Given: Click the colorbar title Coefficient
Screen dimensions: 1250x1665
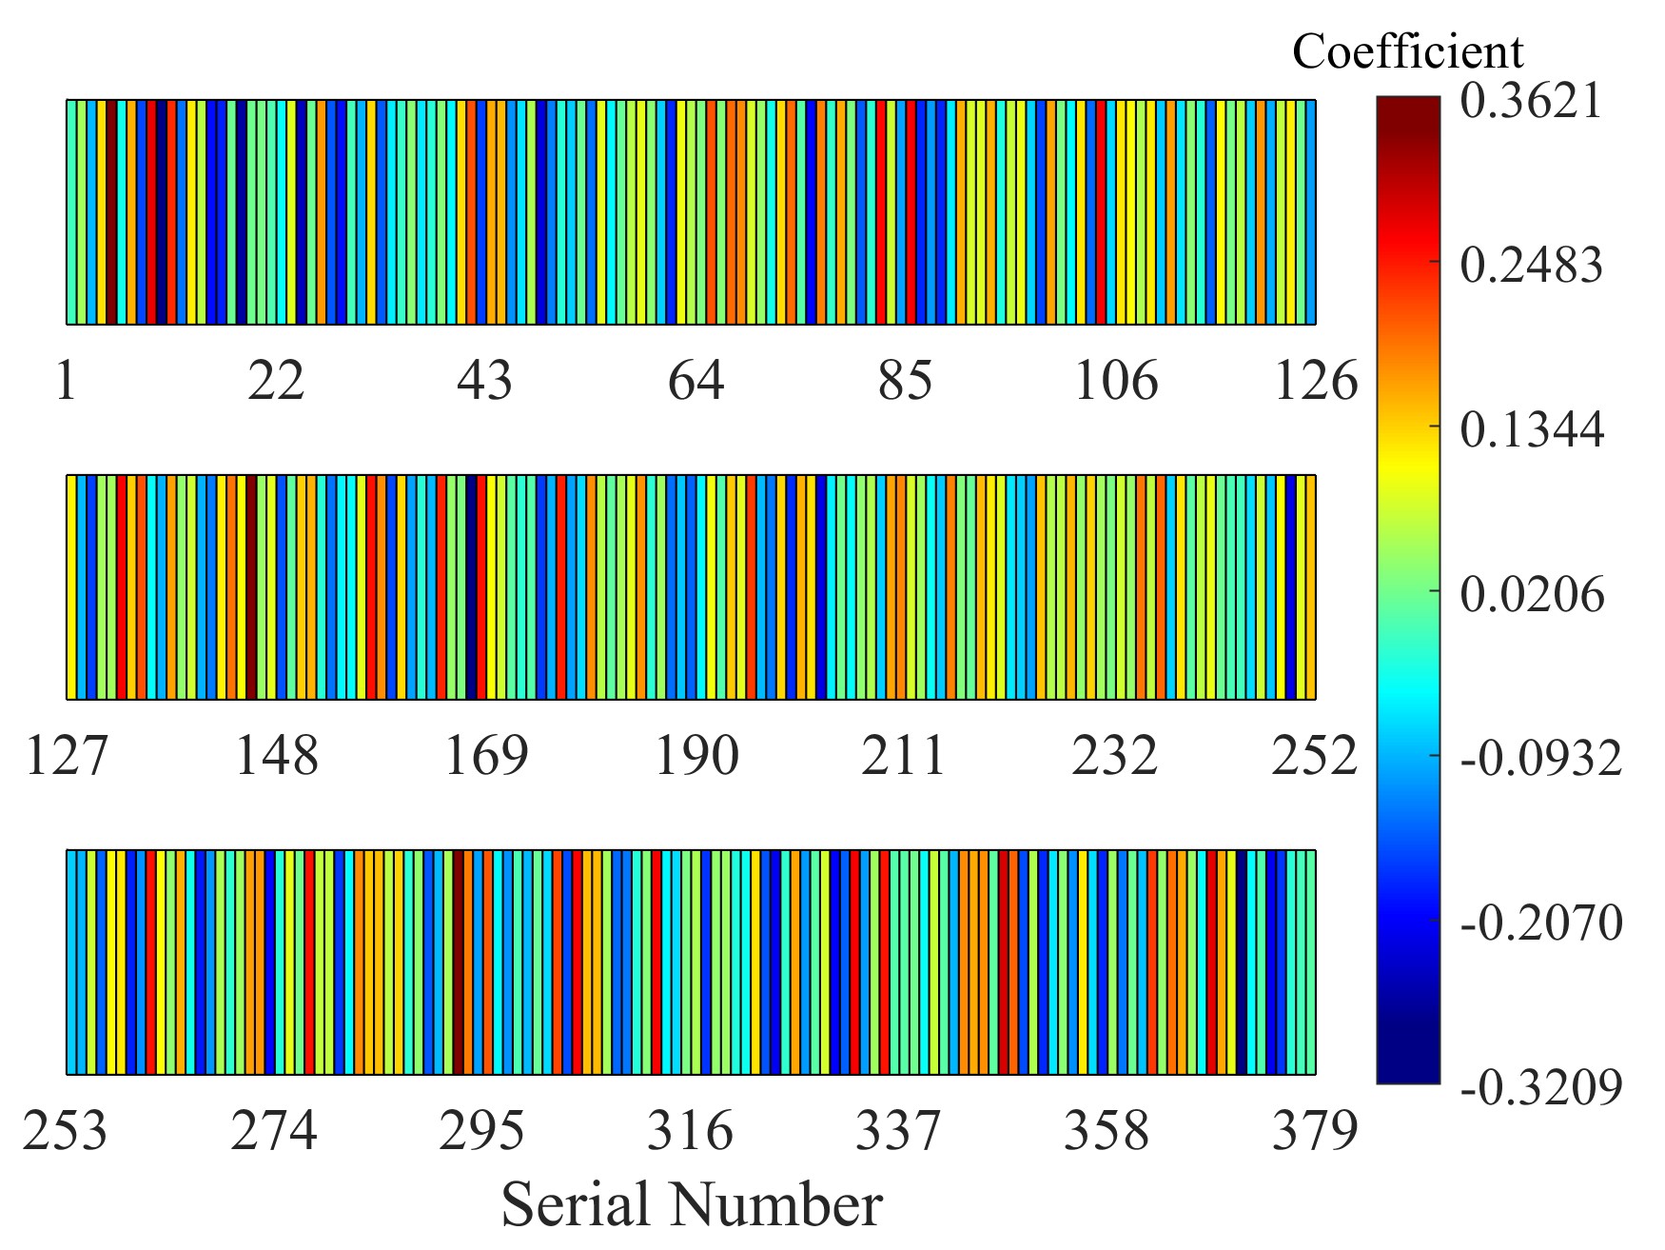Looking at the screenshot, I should point(1407,51).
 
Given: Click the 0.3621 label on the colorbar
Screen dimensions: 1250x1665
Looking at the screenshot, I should point(1532,101).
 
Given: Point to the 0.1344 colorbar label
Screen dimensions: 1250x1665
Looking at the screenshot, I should point(1532,429).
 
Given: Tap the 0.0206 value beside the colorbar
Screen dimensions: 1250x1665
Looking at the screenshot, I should point(1532,594).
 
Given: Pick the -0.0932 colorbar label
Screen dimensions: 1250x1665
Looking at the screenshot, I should point(1540,759).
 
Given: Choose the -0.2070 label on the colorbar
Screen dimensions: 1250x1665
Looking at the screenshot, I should point(1540,923).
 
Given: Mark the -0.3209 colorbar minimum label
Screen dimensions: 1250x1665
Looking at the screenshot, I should point(1540,1086).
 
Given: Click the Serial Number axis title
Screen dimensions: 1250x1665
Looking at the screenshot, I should point(692,1203).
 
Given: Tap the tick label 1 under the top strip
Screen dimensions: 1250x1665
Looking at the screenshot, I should point(66,381).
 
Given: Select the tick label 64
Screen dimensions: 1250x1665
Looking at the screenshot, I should point(695,381).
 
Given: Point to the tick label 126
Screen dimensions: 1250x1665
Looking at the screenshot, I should point(1315,381).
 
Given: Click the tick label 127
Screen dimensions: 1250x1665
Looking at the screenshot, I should point(67,757).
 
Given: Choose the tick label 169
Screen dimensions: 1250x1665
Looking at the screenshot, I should point(486,757).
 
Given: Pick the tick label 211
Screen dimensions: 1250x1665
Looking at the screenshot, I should point(904,757).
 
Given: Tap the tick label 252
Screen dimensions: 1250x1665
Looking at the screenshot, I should point(1314,757).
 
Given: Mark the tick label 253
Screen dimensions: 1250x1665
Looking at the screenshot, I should point(66,1132).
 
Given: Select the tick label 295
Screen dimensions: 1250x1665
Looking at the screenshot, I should point(481,1132).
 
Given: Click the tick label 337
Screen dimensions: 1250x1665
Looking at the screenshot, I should point(898,1132).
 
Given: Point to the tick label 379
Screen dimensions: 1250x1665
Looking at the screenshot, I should point(1315,1132).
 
